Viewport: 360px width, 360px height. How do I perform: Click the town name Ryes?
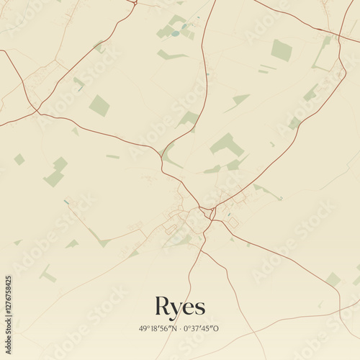click(180, 306)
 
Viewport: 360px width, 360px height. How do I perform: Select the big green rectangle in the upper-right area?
click(282, 50)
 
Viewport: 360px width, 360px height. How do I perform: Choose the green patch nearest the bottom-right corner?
click(332, 279)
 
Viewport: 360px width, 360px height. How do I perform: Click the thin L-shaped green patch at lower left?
click(47, 274)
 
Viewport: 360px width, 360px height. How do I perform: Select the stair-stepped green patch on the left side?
click(55, 172)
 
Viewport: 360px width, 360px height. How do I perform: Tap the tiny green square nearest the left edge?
click(19, 159)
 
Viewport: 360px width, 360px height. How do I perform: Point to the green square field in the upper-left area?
click(99, 106)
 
